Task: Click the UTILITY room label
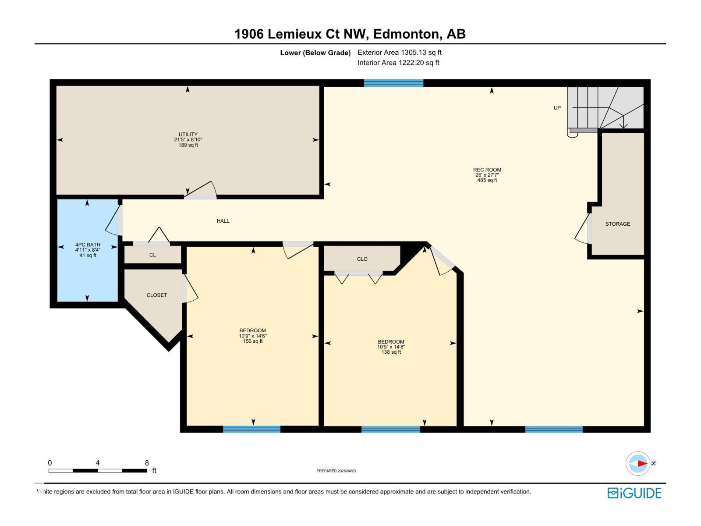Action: [x=188, y=135]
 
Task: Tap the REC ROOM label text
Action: [x=487, y=170]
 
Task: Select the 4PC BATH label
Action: [x=88, y=245]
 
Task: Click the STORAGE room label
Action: [x=617, y=224]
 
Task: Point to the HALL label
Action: [x=223, y=221]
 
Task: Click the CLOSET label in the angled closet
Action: [x=156, y=295]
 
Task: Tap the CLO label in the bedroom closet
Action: [x=362, y=259]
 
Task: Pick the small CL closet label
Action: [x=152, y=255]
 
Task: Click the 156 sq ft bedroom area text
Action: [x=253, y=341]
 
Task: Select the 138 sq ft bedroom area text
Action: [x=391, y=352]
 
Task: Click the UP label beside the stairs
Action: [x=557, y=108]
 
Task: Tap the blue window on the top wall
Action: [x=393, y=83]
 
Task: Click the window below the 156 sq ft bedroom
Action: [x=251, y=429]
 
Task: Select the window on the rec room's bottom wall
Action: [x=553, y=429]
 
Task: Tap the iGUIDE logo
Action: [x=634, y=493]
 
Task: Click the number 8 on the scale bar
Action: [x=147, y=463]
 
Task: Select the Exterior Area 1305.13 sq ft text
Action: [x=399, y=52]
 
